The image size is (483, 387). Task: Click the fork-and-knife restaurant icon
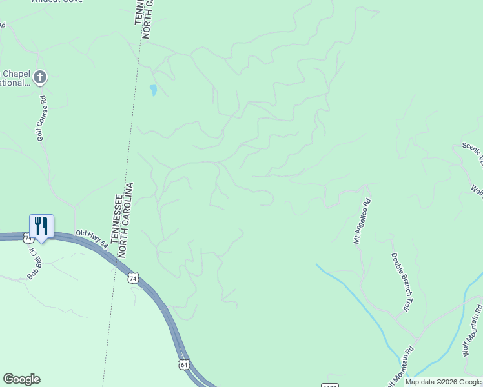point(41,226)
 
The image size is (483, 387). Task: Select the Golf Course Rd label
point(42,118)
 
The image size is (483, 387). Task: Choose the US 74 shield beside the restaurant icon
point(28,238)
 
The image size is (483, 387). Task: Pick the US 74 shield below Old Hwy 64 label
point(133,278)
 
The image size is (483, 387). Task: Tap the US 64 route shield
point(184,365)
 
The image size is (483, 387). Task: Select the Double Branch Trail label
point(401,281)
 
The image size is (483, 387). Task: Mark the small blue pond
point(153,90)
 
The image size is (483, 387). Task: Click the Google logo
point(21,379)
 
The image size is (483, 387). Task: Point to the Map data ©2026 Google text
point(443,382)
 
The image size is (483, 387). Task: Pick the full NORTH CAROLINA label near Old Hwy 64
point(127,220)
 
